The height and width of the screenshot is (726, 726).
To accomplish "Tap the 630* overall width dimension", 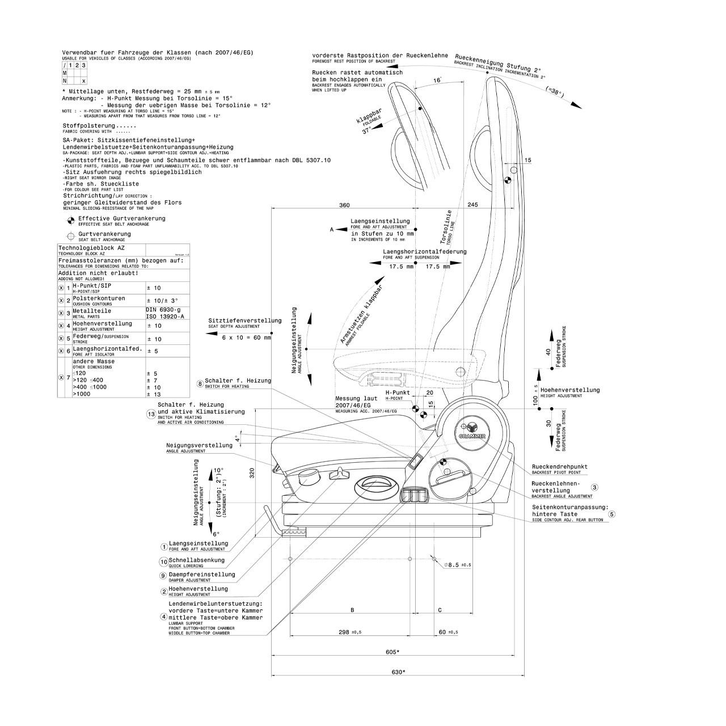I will [x=398, y=672].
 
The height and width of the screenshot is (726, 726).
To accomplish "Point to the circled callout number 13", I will [x=151, y=415].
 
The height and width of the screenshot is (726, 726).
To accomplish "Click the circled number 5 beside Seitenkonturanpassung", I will [x=611, y=514].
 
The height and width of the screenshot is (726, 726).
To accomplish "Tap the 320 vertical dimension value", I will [x=252, y=474].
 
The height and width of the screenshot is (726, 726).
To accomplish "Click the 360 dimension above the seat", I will [x=344, y=205].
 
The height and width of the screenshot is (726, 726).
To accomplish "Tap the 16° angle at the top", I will [x=437, y=81].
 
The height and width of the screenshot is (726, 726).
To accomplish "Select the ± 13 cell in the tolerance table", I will [x=154, y=394].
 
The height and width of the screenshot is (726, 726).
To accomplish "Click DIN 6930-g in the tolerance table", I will [x=163, y=310].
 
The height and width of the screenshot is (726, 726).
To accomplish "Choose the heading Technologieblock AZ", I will [x=91, y=248].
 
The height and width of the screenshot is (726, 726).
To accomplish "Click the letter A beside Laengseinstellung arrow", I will [x=332, y=230].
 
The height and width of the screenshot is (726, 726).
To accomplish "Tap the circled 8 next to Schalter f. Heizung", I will [x=200, y=383].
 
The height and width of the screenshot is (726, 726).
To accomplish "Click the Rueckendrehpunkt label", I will [x=559, y=467].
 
